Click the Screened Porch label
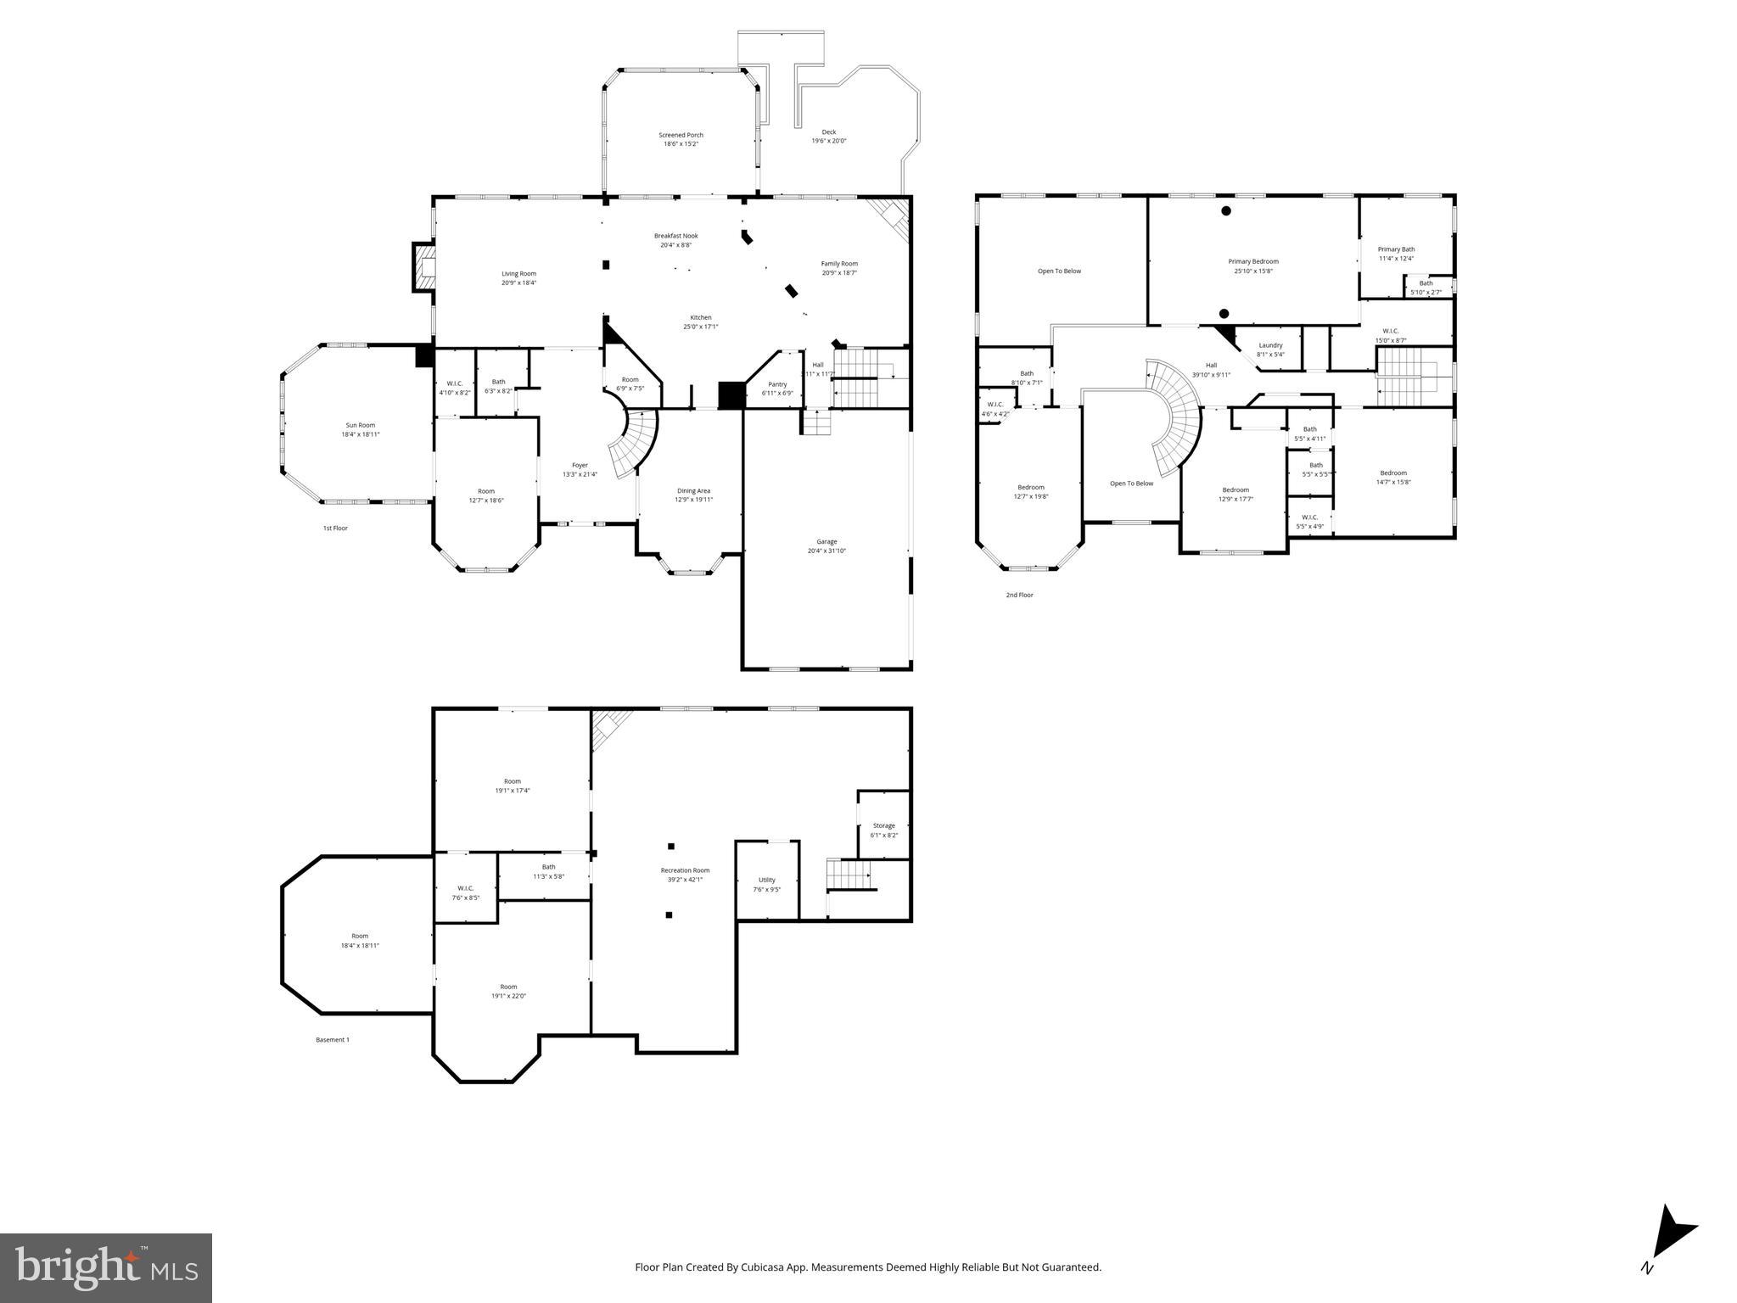pos(681,139)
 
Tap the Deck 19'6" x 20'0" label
pos(828,136)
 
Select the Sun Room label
pos(360,429)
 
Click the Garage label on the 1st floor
pos(826,545)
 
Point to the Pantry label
pos(776,389)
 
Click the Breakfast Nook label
pos(675,240)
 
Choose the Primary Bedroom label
pos(1252,266)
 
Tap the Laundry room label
pos(1269,350)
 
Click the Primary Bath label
pos(1396,254)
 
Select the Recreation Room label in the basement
pos(685,875)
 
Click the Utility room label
pos(766,884)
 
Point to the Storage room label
pos(883,830)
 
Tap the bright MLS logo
pos(106,1267)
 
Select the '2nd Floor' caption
pos(1019,595)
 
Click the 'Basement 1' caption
pos(332,1039)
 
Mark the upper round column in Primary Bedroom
pos(1225,210)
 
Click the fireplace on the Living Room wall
pos(423,267)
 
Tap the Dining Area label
pos(693,495)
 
